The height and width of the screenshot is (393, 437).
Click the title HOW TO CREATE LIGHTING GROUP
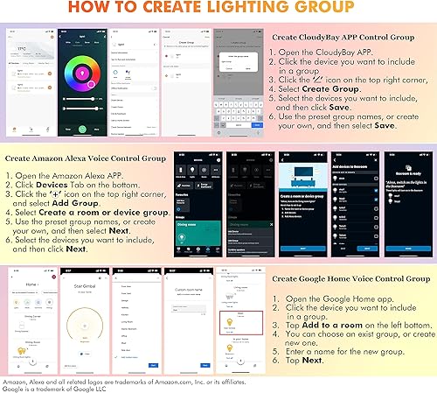218,11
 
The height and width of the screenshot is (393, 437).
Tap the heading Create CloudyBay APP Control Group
345,38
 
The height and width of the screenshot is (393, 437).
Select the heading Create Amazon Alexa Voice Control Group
87,158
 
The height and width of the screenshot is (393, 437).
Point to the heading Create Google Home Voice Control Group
350,277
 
